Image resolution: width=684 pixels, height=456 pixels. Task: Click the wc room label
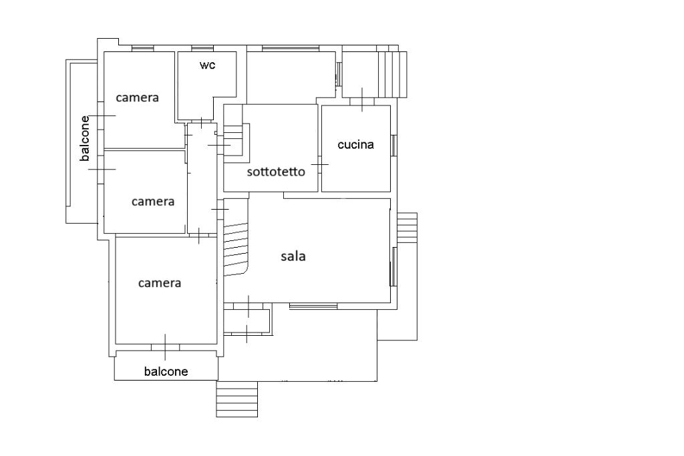click(208, 65)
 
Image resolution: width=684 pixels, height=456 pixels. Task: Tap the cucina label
click(355, 144)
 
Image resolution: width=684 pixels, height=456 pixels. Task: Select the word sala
click(293, 256)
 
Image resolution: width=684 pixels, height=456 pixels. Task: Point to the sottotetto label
click(276, 172)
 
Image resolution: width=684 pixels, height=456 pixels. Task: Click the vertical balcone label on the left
click(85, 138)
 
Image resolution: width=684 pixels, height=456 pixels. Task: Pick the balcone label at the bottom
click(166, 371)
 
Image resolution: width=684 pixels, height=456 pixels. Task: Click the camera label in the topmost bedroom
click(137, 97)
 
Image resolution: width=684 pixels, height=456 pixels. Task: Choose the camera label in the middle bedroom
click(153, 202)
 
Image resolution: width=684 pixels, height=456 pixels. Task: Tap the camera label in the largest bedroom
click(159, 283)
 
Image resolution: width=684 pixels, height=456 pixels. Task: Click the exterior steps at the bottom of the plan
click(237, 399)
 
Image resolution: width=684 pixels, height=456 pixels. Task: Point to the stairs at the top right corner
click(392, 75)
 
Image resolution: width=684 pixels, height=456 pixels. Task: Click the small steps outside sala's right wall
click(407, 226)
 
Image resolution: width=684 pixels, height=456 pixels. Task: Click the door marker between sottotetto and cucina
click(320, 165)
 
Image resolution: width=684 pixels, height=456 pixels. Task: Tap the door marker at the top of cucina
click(362, 100)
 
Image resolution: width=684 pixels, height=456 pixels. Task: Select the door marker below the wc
click(201, 122)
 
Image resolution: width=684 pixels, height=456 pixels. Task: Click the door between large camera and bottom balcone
click(166, 347)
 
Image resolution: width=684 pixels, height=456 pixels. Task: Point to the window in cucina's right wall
click(393, 146)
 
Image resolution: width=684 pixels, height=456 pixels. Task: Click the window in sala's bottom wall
click(313, 306)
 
